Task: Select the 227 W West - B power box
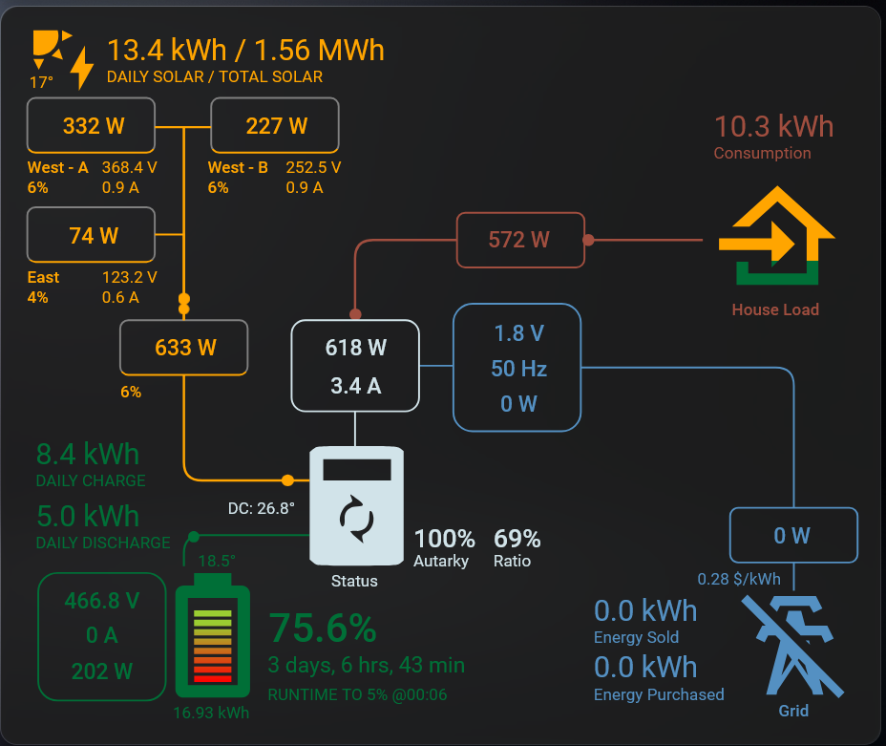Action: coord(276,125)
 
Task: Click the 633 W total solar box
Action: coord(184,348)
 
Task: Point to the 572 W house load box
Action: coord(519,240)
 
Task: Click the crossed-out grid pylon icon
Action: coord(792,646)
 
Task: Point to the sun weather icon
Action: coord(50,47)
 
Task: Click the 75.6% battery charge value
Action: coord(322,629)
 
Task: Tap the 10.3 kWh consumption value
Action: coord(773,126)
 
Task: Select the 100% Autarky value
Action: coord(444,539)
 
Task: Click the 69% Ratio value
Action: coord(517,539)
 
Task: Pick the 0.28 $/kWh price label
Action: coord(738,579)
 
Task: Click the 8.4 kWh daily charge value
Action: coord(88,454)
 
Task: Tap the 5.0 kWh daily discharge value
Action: coord(88,516)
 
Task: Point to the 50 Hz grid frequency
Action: coord(518,369)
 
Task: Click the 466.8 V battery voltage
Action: coord(101,601)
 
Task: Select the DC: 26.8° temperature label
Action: coord(261,507)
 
